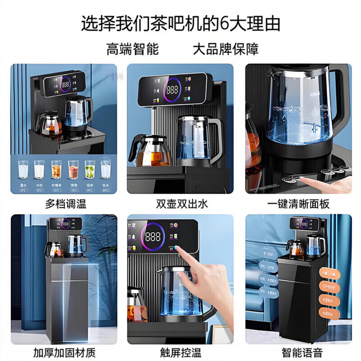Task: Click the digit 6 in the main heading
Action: tap(224, 23)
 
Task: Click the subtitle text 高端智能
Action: tap(133, 49)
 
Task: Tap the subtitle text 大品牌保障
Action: tap(226, 49)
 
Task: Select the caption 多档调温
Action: tap(66, 204)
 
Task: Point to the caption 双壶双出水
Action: tap(180, 204)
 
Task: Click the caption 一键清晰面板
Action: tap(298, 204)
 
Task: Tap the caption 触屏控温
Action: tap(180, 352)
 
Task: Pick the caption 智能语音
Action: tap(298, 352)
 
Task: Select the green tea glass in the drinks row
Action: tap(90, 171)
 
